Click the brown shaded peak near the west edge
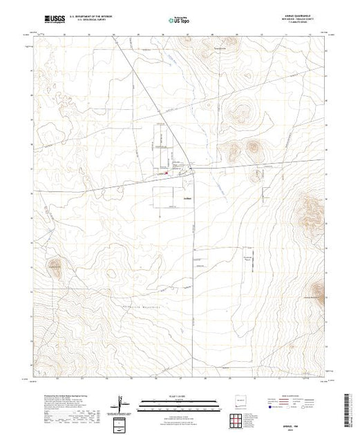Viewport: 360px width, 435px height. [54, 266]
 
